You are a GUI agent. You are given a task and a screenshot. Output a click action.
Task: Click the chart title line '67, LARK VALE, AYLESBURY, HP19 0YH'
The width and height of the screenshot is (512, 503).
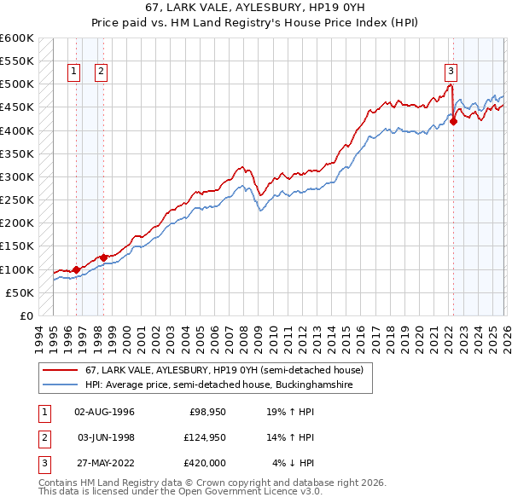(255, 8)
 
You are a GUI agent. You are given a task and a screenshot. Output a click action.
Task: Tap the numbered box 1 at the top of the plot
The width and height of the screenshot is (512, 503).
(75, 72)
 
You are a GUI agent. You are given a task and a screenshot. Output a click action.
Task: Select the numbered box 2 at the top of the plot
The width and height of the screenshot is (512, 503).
(102, 72)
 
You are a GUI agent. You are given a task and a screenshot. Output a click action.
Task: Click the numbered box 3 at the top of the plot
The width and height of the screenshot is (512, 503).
(450, 72)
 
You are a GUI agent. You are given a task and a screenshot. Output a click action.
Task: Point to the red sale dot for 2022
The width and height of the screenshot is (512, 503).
(453, 121)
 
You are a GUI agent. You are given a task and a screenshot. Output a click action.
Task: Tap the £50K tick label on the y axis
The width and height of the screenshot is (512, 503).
(20, 292)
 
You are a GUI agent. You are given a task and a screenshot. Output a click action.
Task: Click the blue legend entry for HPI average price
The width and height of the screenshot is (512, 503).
(229, 385)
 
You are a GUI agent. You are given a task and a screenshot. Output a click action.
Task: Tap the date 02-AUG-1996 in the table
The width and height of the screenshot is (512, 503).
(104, 412)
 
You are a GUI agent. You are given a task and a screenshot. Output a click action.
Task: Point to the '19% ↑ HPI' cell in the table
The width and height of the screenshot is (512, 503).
(290, 412)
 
